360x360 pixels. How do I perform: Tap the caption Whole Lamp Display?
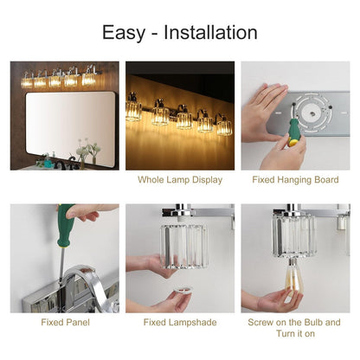[x=180, y=180]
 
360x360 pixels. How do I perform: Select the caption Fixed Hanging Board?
[x=295, y=180]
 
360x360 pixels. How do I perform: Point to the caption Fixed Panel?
[x=65, y=323]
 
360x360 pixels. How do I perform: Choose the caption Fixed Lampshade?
[x=180, y=323]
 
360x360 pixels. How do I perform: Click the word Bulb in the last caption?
[x=307, y=323]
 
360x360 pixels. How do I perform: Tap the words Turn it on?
[x=295, y=334]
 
